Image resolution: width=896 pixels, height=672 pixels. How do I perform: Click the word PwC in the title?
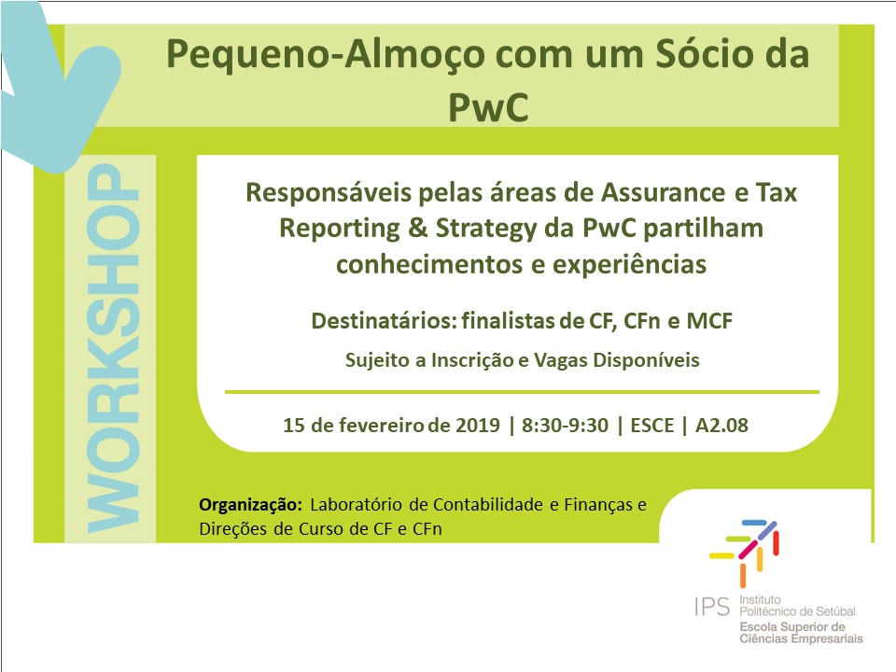488,107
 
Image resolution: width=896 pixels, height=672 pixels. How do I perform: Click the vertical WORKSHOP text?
113,348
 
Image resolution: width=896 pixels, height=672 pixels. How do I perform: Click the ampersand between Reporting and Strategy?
418,228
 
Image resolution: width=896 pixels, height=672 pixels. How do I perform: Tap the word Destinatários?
384,320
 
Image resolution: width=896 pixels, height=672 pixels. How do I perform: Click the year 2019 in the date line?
478,426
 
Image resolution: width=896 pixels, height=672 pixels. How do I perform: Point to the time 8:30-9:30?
565,426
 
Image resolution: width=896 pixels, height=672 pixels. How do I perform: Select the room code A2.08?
721,426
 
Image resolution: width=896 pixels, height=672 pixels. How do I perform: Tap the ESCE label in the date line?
652,426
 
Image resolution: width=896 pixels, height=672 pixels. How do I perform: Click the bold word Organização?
250,505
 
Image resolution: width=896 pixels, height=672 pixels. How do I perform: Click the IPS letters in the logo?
712,607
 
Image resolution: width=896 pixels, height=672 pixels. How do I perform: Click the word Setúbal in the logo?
836,611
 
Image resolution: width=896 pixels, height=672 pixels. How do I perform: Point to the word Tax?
777,192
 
